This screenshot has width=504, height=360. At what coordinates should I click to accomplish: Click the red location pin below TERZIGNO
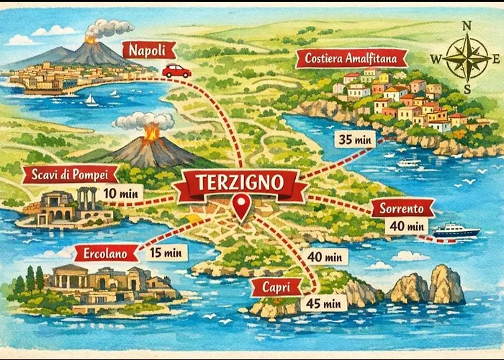coord(241,206)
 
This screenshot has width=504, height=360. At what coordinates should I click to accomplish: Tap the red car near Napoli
coord(176,71)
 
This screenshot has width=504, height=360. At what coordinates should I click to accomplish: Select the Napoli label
coord(149,50)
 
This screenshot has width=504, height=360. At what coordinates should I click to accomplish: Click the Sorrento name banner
coord(402,208)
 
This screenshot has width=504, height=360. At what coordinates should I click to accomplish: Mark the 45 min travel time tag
coord(325,302)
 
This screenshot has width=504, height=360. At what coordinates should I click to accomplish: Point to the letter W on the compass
coord(435,58)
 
